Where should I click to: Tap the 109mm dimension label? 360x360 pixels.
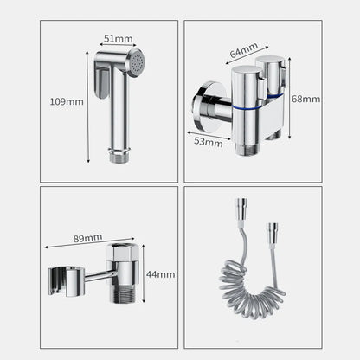(67, 101)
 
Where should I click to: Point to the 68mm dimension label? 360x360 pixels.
(305, 99)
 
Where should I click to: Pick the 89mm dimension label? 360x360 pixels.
(87, 236)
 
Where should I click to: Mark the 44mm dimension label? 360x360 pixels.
(160, 274)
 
